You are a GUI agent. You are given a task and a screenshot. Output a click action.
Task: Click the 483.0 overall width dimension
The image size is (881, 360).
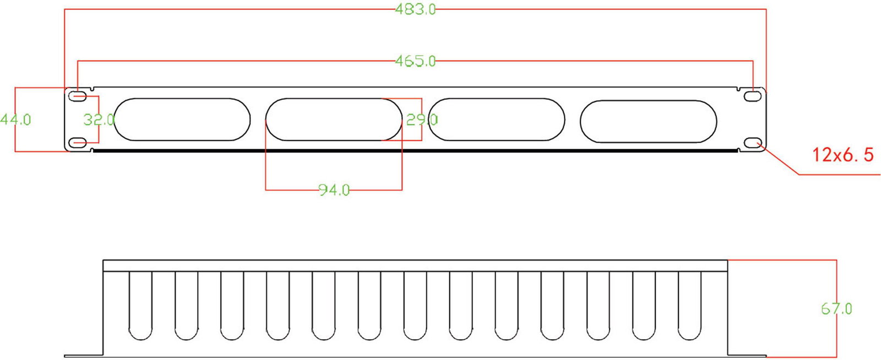415,9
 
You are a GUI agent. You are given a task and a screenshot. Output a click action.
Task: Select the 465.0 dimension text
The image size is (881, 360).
415,61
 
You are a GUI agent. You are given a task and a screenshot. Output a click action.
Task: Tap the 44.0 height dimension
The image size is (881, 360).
15,119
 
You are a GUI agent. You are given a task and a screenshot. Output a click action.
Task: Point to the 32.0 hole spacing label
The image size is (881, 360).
99,119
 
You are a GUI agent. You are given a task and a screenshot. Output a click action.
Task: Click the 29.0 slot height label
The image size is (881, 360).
422,119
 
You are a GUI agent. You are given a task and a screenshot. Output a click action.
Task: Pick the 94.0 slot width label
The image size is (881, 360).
334,190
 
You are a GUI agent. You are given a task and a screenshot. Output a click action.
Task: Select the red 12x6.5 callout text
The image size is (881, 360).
843,155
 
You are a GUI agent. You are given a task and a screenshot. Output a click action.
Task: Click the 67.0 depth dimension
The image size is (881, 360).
836,309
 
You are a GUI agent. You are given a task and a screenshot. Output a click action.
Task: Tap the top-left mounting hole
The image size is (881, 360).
78,96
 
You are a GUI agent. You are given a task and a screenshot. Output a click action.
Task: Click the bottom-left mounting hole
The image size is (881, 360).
78,142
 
